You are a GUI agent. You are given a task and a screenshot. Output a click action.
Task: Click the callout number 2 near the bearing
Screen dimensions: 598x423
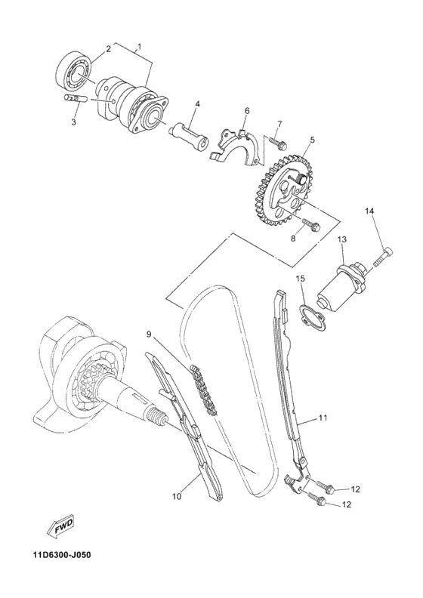pos(108,49)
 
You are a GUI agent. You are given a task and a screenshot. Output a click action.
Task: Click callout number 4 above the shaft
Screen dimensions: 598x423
pos(196,103)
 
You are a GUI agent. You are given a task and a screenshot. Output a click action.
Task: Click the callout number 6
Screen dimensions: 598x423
pos(246,111)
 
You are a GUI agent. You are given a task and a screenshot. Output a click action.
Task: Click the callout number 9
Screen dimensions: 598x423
pos(150,333)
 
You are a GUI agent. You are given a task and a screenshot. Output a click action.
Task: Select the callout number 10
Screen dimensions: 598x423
pos(176,496)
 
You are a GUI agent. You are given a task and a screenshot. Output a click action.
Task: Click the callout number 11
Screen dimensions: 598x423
pos(323,417)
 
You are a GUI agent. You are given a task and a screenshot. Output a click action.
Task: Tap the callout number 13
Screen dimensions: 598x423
pos(341,239)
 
